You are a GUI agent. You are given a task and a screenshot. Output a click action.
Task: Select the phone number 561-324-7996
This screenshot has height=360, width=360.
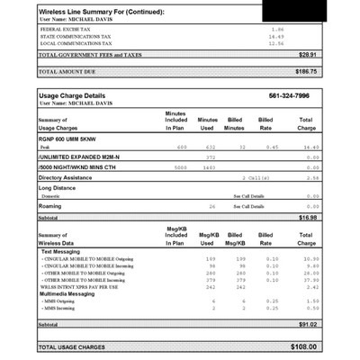[288, 94]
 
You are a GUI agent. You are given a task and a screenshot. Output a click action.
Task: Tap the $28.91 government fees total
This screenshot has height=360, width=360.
[308, 54]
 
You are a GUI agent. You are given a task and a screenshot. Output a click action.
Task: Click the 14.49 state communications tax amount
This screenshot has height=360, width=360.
[276, 36]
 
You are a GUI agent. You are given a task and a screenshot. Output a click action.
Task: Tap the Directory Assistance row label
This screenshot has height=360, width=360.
[67, 177]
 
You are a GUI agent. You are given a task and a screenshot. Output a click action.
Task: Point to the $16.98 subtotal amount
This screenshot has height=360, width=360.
[307, 217]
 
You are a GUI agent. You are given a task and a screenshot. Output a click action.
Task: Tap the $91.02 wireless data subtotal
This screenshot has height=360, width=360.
[307, 324]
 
